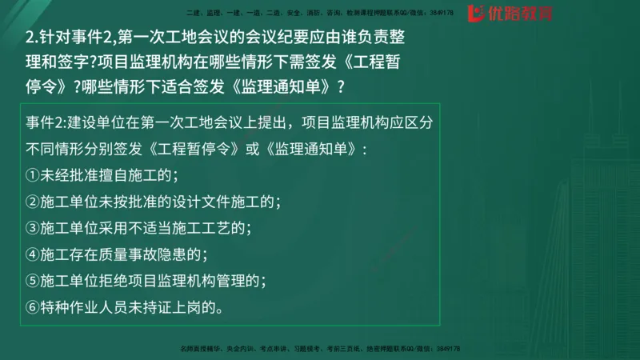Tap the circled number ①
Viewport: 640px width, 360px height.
[x=33, y=175]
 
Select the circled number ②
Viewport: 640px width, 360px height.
[x=33, y=202]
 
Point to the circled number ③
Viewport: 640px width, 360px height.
[x=33, y=228]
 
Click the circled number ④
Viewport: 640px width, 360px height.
[x=33, y=254]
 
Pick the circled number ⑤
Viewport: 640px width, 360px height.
[x=33, y=281]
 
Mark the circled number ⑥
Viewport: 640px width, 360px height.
[x=33, y=307]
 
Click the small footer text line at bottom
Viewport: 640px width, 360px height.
[x=320, y=350]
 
